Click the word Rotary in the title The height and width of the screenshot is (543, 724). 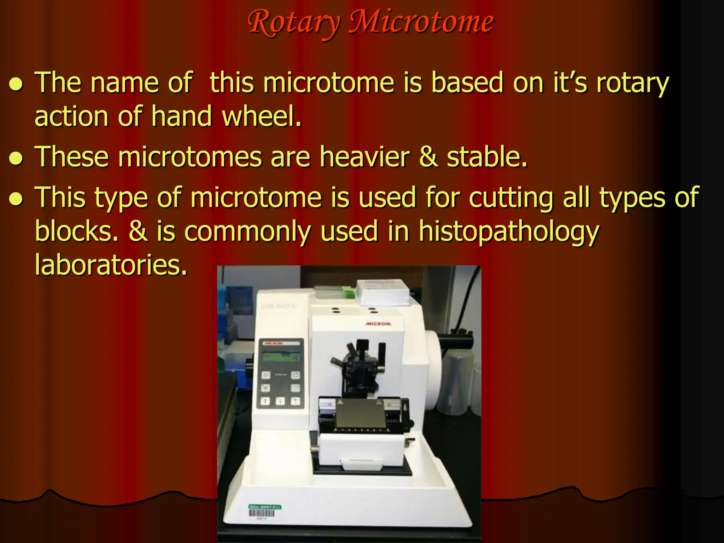pyautogui.click(x=293, y=23)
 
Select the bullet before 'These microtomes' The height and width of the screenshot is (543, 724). pyautogui.click(x=16, y=158)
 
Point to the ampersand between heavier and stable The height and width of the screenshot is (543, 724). pyautogui.click(x=428, y=157)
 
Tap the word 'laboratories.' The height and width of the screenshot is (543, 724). pyautogui.click(x=111, y=265)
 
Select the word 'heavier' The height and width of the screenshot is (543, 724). pyautogui.click(x=364, y=157)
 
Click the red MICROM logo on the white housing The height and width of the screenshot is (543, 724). pyautogui.click(x=378, y=324)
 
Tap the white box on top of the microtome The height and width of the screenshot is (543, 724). pyautogui.click(x=383, y=292)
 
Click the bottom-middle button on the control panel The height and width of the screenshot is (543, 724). pyautogui.click(x=280, y=401)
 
